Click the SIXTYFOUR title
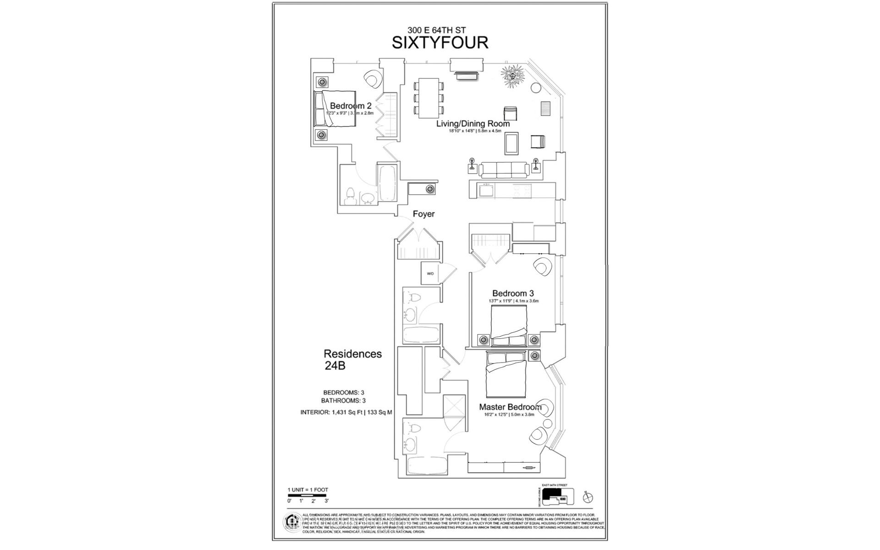(440, 42)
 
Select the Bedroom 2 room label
(350, 106)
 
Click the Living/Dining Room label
(473, 124)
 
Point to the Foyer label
(423, 214)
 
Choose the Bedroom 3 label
(513, 293)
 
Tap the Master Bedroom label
(510, 407)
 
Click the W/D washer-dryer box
(430, 274)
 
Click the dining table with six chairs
(429, 98)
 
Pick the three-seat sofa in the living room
(503, 170)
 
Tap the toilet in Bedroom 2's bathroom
(351, 196)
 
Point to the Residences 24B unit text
(352, 360)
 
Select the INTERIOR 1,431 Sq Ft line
(346, 412)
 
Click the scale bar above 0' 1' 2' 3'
(308, 495)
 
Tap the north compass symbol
(590, 498)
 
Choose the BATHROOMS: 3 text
(343, 401)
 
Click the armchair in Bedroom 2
(372, 79)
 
